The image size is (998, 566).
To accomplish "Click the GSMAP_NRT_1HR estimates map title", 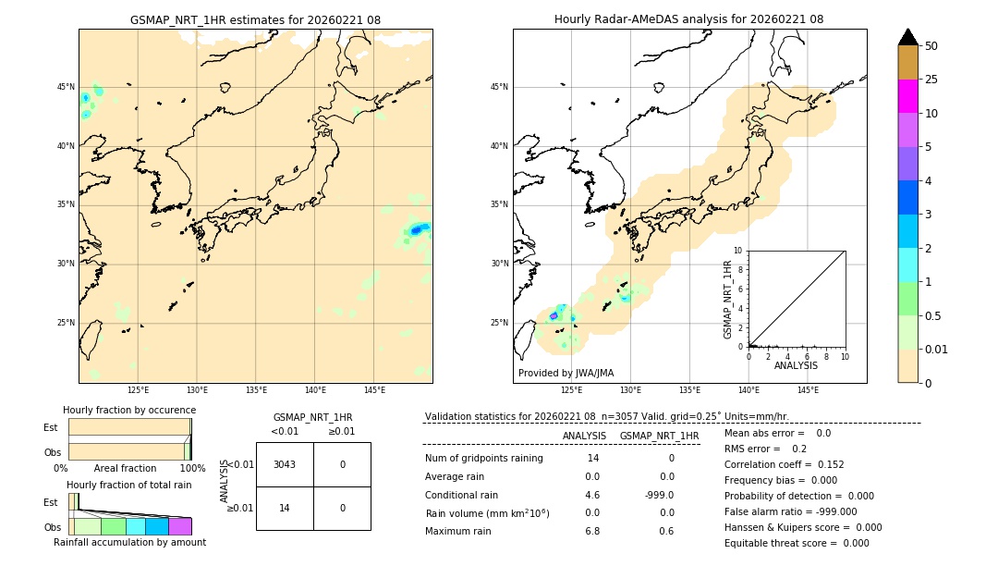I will pos(255,19).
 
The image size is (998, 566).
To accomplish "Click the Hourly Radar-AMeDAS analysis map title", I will pos(688,19).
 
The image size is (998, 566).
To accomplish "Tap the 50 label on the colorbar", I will pos(931,46).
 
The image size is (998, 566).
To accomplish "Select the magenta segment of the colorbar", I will pos(907,96).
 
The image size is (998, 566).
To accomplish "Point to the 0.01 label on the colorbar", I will pos(937,350).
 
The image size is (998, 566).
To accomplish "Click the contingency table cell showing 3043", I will pos(285,464).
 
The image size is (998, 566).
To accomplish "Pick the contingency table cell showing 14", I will pos(285,508).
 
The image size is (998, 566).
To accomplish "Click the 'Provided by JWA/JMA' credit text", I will pos(566,373).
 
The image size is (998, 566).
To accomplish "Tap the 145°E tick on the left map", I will pos(374,391).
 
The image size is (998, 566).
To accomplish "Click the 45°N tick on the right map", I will pos(499,87).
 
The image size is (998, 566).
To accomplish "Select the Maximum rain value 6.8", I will pos(592,531).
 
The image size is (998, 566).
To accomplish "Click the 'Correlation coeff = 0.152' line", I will pos(784,464).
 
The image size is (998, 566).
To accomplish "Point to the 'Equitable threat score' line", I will pos(797,543).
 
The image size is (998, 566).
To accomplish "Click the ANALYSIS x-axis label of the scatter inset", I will pos(796,365).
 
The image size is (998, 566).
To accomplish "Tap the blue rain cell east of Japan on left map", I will pos(417,229).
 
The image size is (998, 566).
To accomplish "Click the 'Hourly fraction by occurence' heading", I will pos(129,410).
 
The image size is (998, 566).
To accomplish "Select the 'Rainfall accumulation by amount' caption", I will pos(129,542).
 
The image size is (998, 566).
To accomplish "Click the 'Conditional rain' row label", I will pos(462,495).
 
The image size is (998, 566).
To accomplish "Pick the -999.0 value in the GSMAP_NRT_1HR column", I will pos(659,495).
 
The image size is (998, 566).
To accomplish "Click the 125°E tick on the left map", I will pos(138,391).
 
